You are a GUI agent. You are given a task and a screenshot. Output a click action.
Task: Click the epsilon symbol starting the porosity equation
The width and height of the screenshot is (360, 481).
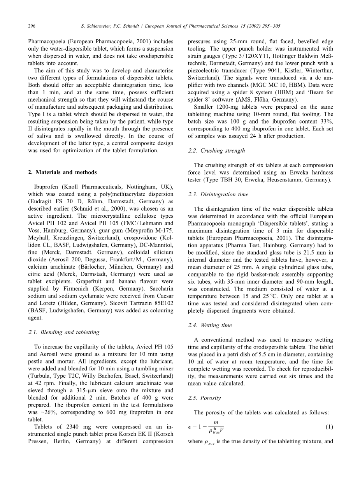(x=190, y=427)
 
